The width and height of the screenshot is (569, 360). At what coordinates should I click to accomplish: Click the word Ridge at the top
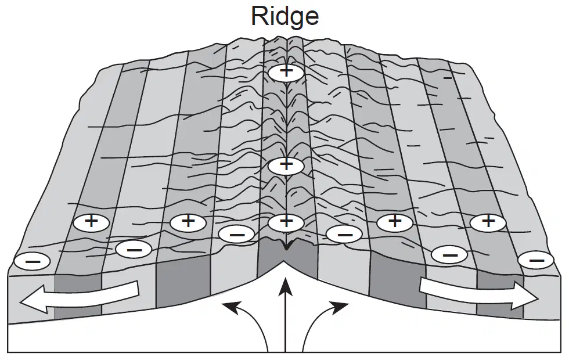(285, 16)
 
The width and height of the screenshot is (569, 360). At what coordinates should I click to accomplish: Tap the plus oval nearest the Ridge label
(286, 73)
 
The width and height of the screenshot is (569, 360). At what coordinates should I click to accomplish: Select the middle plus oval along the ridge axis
(286, 166)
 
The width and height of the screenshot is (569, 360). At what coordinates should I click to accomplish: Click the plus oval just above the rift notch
(286, 222)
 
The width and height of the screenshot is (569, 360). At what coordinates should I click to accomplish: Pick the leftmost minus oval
(31, 261)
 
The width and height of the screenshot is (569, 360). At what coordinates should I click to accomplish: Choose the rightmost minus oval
(536, 260)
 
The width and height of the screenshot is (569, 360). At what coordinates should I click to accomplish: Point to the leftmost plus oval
(91, 222)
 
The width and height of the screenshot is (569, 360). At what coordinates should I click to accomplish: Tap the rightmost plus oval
(488, 222)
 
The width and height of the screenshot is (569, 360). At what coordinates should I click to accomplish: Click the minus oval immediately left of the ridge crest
(237, 235)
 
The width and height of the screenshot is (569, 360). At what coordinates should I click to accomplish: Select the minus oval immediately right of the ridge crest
(344, 235)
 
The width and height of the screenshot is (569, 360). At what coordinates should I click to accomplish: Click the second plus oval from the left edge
(188, 222)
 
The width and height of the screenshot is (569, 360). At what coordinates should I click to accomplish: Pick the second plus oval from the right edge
(395, 222)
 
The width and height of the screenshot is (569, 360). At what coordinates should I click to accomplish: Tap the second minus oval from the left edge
(134, 249)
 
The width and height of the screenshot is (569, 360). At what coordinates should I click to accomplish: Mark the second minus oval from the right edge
(449, 254)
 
